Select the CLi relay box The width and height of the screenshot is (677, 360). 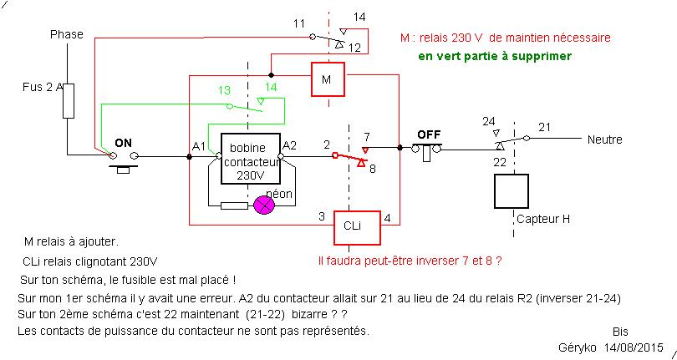pos(352,225)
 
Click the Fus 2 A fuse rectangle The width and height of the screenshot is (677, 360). pos(69,100)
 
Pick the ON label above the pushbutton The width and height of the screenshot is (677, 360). pos(123,142)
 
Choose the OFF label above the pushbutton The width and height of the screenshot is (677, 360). pos(429,134)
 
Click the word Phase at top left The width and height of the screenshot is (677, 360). pos(67,34)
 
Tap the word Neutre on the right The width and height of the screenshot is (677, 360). pos(604,139)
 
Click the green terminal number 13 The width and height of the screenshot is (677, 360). pos(224,89)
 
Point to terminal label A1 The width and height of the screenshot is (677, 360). pos(198,146)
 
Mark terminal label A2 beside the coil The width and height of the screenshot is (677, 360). pos(290,145)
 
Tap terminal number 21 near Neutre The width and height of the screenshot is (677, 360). pos(545,127)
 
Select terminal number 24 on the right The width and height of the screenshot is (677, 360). pos(489,121)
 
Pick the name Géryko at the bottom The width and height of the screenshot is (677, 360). pos(576,347)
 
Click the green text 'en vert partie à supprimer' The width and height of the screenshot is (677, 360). pos(495,57)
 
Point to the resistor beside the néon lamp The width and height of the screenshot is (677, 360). pos(234,205)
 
